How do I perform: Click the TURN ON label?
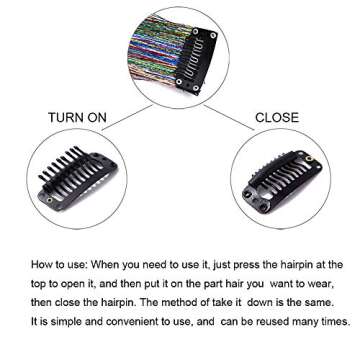[77, 118]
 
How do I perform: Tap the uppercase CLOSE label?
[277, 118]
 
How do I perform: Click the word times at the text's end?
[334, 322]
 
